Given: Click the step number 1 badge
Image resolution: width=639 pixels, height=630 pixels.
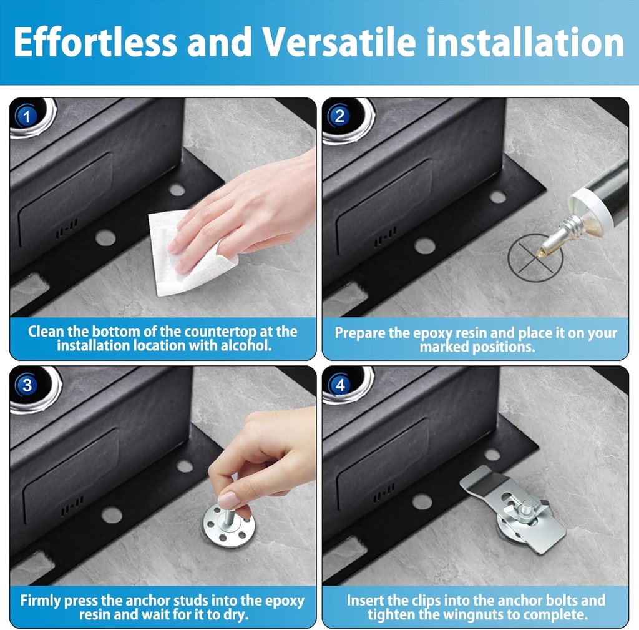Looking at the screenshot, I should point(26,116).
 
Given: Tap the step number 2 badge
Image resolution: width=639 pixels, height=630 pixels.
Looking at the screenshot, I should point(339,116).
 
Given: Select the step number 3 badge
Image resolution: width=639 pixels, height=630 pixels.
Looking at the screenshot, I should point(26,385).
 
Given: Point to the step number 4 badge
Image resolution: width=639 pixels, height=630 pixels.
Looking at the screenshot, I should point(339,385).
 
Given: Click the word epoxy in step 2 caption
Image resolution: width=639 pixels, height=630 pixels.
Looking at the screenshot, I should point(434,332).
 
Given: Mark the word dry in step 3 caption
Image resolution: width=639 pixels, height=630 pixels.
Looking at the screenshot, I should point(237,614).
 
